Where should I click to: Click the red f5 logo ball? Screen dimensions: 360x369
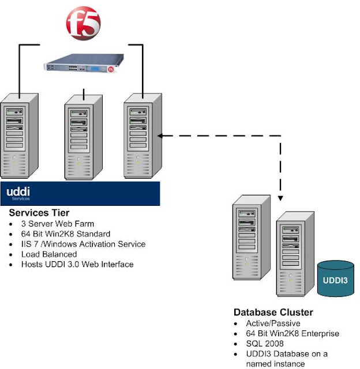(83, 23)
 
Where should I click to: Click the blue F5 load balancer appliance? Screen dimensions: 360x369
(84, 63)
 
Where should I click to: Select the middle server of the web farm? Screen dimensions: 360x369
(83, 137)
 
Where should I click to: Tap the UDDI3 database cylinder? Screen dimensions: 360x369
(336, 278)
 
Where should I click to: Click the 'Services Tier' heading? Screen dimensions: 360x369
(39, 213)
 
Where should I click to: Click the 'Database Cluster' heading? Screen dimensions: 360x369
(273, 312)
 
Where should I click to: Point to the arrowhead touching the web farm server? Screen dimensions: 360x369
(160, 136)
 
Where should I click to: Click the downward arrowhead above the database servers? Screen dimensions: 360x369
(280, 198)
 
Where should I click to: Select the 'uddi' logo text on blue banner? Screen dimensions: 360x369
(18, 192)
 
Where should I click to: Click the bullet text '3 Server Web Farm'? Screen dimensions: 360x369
(58, 224)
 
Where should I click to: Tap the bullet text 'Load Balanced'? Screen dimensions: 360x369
(49, 254)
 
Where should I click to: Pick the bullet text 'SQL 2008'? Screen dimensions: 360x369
(265, 344)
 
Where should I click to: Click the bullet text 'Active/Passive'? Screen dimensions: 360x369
(273, 323)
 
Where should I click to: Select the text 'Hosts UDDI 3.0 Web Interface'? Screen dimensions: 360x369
(77, 264)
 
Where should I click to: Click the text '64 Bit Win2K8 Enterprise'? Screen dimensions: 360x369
(292, 333)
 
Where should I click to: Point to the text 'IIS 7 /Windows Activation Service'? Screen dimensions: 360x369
(83, 244)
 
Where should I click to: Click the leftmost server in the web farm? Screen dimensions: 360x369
(19, 136)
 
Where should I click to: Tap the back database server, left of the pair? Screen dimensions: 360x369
(251, 237)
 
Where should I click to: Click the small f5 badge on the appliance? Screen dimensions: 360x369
(111, 69)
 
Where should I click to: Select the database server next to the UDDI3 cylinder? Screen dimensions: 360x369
(295, 254)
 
